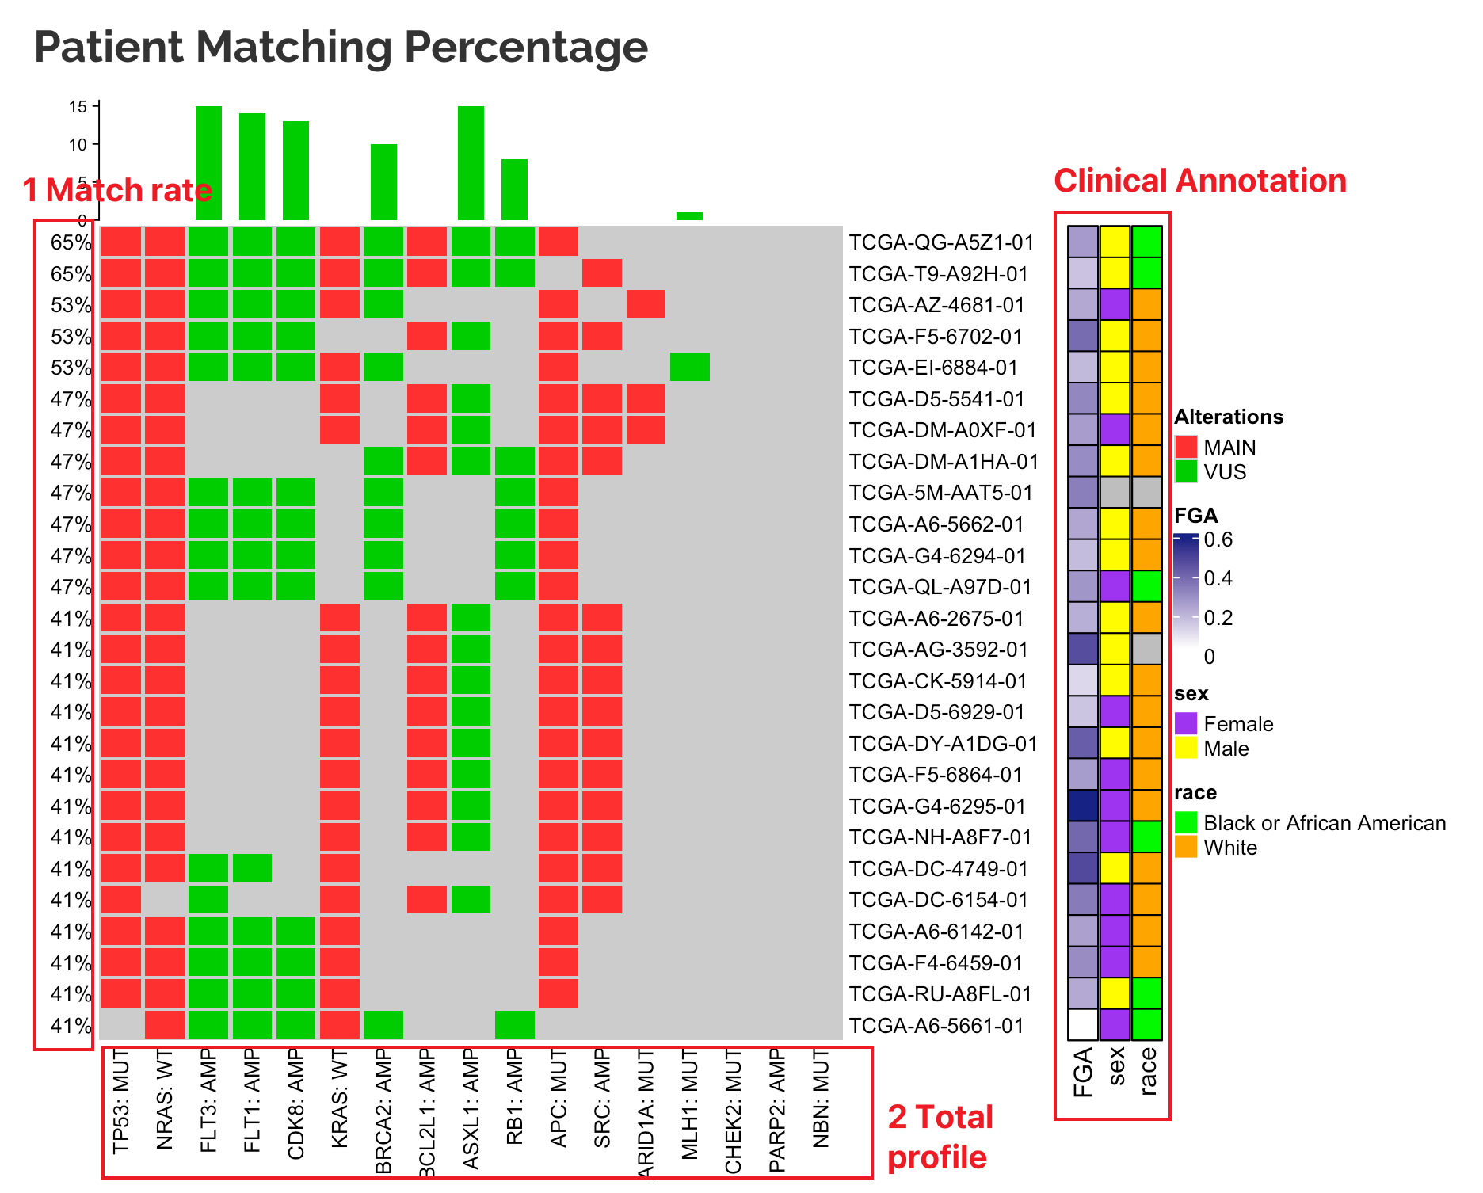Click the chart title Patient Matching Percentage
341,48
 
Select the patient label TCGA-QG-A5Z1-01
941,242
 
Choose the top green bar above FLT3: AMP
208,162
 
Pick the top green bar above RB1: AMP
514,189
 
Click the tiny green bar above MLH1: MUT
689,216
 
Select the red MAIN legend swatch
1186,448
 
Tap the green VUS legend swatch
1186,472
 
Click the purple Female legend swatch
1186,724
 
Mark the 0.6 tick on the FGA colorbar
1218,540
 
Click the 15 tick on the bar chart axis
78,106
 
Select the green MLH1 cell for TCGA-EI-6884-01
689,368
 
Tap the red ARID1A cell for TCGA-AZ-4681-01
646,305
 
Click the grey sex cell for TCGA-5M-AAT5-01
1115,493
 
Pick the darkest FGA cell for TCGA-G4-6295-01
1082,806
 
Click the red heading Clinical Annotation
1199,181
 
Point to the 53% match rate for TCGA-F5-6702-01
71,337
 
